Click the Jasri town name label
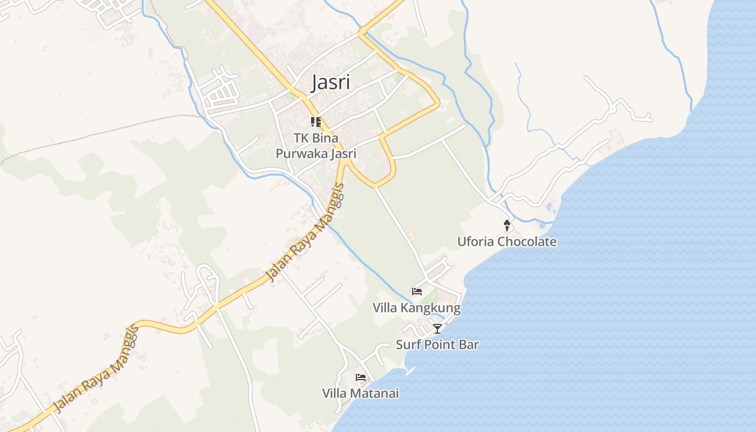coord(331,83)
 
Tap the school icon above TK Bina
coord(316,122)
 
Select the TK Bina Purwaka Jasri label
coord(316,146)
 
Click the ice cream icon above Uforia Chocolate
coord(507,226)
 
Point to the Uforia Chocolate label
coord(507,241)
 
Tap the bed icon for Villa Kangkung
coord(417,292)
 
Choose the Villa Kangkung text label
coord(416,308)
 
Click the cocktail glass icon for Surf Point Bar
coord(437,328)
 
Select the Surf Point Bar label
coord(437,345)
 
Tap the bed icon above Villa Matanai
coord(361,377)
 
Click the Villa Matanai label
coord(361,393)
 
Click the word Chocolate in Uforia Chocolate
coord(526,241)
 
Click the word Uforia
coord(476,241)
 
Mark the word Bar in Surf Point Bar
coord(470,345)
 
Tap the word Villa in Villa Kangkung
coord(384,308)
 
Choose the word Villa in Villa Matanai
coord(334,393)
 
